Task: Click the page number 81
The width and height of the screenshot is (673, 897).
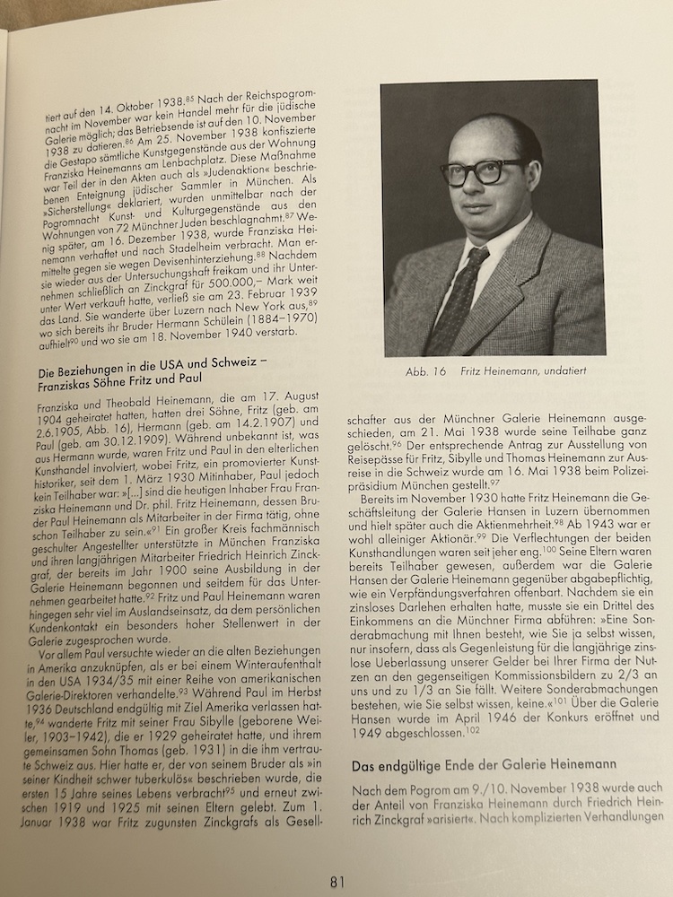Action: click(x=336, y=881)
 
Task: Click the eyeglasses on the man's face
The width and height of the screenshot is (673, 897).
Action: click(x=482, y=171)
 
